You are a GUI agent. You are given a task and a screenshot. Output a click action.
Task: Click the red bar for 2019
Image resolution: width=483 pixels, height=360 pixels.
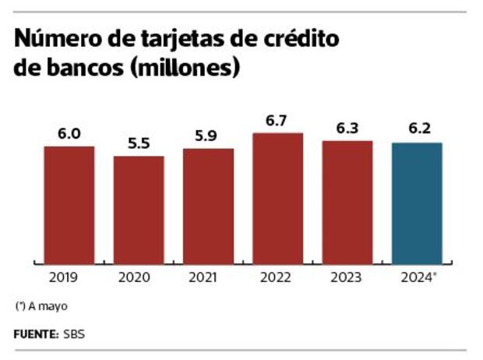click(x=69, y=204)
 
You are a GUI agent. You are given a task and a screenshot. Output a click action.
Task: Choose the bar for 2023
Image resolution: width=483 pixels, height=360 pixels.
click(x=347, y=202)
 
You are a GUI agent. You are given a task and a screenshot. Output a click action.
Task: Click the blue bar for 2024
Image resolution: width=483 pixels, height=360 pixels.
click(x=417, y=203)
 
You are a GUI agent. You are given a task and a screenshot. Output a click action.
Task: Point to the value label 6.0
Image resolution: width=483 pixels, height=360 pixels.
click(x=69, y=134)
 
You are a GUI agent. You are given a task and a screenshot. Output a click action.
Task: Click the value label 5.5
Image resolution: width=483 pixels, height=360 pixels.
click(x=139, y=144)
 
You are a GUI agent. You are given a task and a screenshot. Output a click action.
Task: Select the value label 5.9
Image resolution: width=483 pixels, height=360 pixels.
click(x=208, y=136)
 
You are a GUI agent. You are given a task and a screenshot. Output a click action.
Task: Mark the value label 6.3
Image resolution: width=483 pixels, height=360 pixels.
click(x=347, y=129)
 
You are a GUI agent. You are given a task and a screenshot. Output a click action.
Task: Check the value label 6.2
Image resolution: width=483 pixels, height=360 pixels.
click(x=417, y=130)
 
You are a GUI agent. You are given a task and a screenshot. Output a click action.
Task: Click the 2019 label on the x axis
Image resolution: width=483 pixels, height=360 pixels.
click(x=69, y=276)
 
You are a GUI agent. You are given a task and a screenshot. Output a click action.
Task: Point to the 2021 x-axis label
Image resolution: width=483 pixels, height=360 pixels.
click(x=208, y=276)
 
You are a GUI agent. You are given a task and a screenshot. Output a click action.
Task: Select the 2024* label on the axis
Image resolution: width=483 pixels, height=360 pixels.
click(x=419, y=276)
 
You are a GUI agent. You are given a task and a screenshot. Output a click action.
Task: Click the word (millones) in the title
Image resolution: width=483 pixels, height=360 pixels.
click(x=185, y=67)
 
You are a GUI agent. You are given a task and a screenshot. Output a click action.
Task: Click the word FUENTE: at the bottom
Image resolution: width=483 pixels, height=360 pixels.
click(x=36, y=334)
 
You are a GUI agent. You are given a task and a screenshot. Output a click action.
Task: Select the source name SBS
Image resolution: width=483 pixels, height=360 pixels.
click(x=75, y=334)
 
